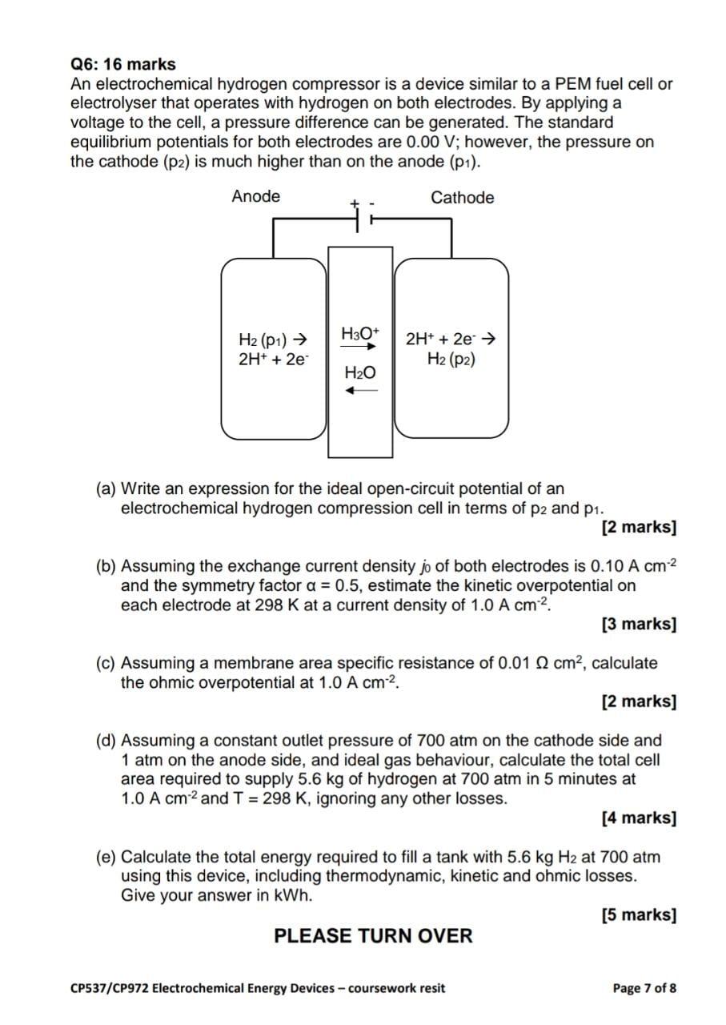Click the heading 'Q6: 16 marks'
(x=123, y=64)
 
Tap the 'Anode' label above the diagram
(x=255, y=196)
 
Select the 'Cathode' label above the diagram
(x=462, y=198)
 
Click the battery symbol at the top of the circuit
(x=361, y=214)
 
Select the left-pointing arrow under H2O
(x=360, y=391)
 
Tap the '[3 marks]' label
(x=638, y=624)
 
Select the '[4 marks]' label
(x=638, y=818)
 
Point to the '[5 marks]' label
(x=638, y=914)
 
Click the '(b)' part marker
(x=106, y=566)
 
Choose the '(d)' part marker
(x=106, y=741)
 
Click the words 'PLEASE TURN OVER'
(x=373, y=935)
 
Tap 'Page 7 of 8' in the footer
(x=644, y=987)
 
